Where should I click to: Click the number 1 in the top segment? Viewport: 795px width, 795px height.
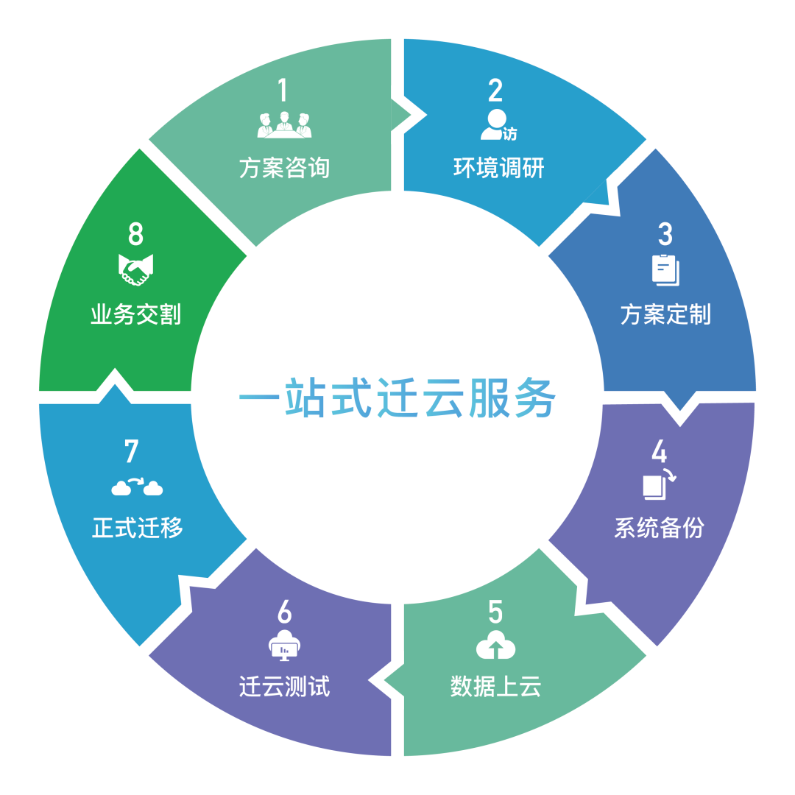click(284, 90)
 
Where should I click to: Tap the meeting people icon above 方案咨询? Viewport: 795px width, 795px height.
click(284, 124)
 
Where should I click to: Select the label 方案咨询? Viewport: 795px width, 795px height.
click(284, 168)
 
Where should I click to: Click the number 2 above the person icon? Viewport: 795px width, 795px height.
click(495, 90)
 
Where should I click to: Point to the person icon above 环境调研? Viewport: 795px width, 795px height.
click(497, 125)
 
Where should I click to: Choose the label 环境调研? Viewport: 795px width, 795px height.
click(498, 168)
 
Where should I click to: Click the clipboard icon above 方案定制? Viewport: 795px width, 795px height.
click(665, 269)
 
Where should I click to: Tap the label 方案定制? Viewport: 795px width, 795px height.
click(665, 315)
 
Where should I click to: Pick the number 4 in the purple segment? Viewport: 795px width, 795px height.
click(660, 451)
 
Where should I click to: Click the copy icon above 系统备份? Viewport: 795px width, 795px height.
click(658, 484)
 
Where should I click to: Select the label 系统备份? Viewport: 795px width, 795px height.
click(659, 528)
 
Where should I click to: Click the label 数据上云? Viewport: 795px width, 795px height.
click(495, 687)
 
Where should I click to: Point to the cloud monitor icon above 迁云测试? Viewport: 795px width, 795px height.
click(285, 646)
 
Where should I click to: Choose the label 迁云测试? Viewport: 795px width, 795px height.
click(285, 687)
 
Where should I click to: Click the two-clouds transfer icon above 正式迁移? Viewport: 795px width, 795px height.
click(137, 487)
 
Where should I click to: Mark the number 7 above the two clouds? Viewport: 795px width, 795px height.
click(132, 451)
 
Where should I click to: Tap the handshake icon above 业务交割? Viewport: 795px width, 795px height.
click(135, 270)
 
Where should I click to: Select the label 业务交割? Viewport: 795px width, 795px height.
click(135, 315)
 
